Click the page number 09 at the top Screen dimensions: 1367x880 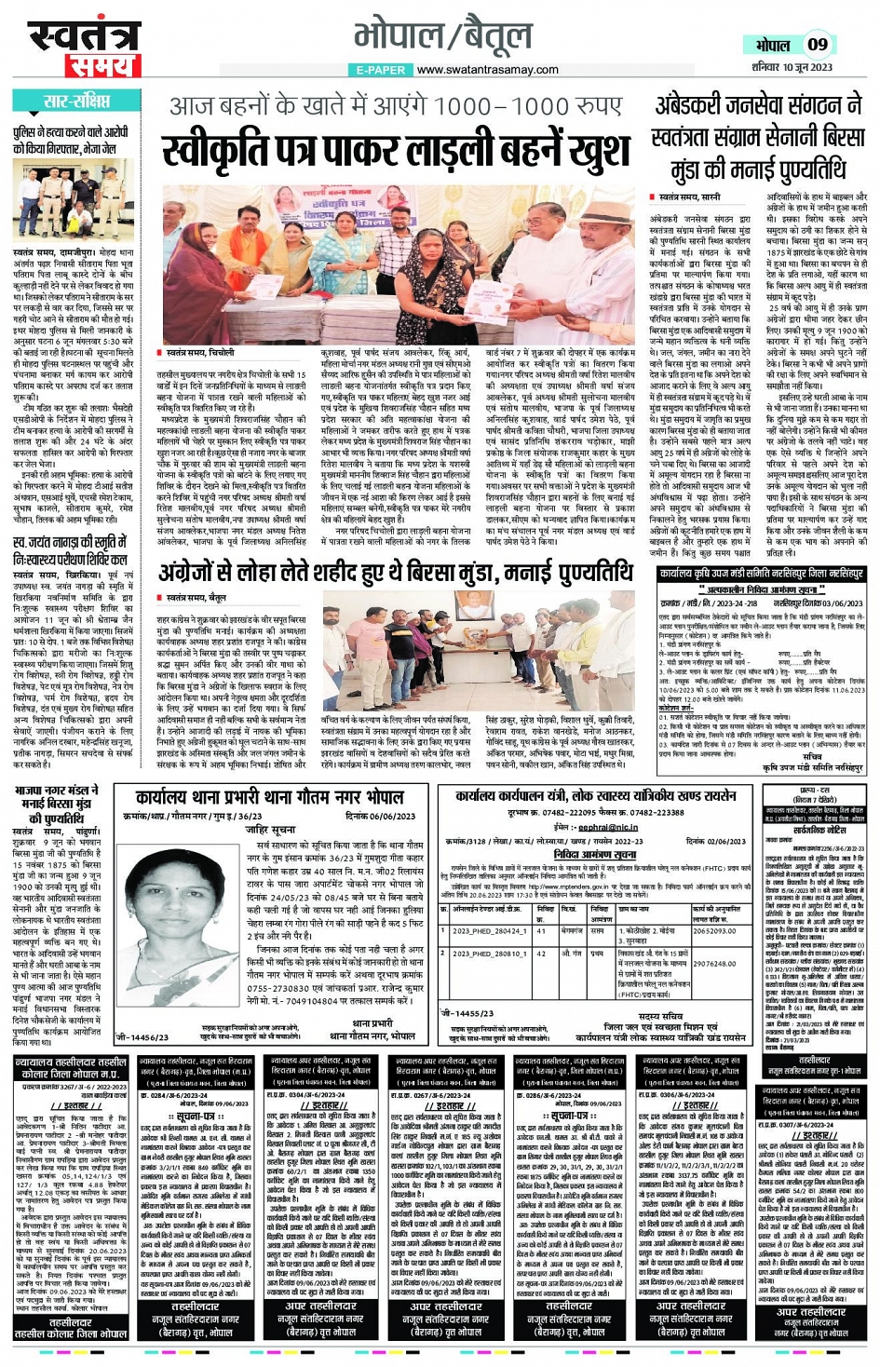[x=818, y=44]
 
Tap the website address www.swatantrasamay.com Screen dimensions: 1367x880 [x=488, y=70]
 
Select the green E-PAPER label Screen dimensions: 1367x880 [x=380, y=70]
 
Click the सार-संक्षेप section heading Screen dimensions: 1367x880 [x=77, y=101]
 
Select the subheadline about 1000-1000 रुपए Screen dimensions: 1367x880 [x=396, y=105]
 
